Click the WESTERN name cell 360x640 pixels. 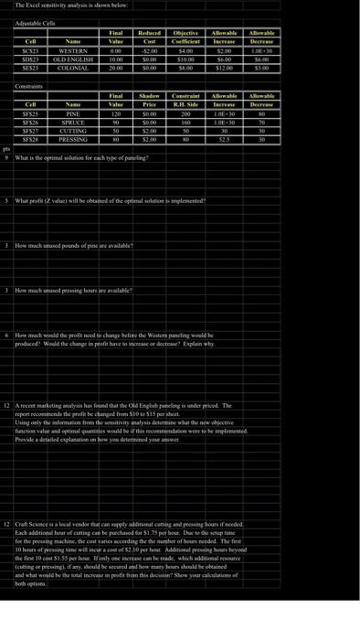(72, 51)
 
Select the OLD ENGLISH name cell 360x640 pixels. (72, 59)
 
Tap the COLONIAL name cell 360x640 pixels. (72, 68)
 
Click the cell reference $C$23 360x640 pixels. (30, 51)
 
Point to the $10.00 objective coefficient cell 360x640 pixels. (185, 59)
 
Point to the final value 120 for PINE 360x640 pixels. (116, 115)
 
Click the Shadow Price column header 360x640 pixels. (149, 99)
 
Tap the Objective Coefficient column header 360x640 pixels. (185, 36)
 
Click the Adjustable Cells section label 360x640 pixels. (34, 18)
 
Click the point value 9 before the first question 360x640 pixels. (6, 157)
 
